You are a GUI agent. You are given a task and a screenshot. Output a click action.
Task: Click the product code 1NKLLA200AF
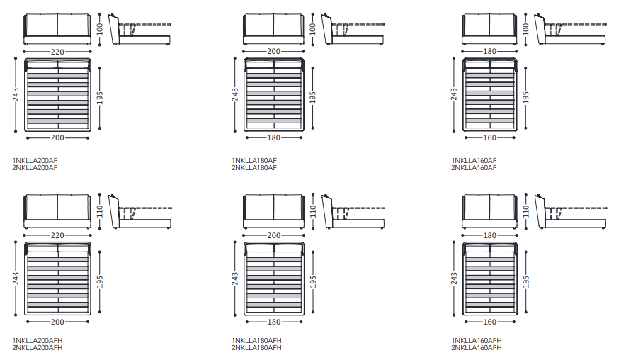pyautogui.click(x=35, y=160)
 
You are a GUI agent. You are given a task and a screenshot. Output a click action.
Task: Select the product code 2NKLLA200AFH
pyautogui.click(x=37, y=348)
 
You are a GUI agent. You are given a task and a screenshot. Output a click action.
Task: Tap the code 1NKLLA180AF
pyautogui.click(x=254, y=160)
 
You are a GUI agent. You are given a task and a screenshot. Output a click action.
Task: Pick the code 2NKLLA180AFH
pyautogui.click(x=256, y=348)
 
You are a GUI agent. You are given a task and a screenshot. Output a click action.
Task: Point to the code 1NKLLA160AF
pyautogui.click(x=474, y=160)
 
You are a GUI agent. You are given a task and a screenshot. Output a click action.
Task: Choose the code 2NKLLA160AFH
pyautogui.click(x=477, y=348)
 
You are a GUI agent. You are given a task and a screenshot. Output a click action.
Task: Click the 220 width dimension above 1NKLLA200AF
pyautogui.click(x=57, y=52)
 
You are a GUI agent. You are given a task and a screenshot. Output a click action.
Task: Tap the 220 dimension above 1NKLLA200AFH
pyautogui.click(x=57, y=235)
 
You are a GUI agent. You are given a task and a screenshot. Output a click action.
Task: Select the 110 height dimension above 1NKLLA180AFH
pyautogui.click(x=313, y=211)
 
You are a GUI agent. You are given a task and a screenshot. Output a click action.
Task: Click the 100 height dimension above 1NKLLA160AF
pyautogui.click(x=525, y=29)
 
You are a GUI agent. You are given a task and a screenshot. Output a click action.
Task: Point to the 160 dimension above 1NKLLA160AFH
pyautogui.click(x=489, y=322)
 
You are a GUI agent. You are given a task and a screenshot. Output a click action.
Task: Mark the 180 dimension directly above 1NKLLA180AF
pyautogui.click(x=273, y=137)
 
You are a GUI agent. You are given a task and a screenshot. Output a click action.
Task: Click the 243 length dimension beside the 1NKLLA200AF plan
pyautogui.click(x=16, y=95)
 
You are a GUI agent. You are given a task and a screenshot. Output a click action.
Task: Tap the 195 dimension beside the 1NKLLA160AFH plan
pyautogui.click(x=525, y=281)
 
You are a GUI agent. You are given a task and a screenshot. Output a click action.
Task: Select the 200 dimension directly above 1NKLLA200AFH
pyautogui.click(x=57, y=322)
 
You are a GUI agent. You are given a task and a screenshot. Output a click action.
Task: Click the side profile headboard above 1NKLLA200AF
pyautogui.click(x=114, y=29)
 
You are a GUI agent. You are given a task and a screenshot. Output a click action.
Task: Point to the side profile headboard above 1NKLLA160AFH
pyautogui.click(x=540, y=211)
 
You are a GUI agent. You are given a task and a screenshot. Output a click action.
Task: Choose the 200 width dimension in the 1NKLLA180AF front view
pyautogui.click(x=273, y=51)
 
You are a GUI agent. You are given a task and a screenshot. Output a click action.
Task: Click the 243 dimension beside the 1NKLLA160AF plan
pyautogui.click(x=453, y=95)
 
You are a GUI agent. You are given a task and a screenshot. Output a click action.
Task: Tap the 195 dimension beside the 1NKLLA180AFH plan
pyautogui.click(x=313, y=281)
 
